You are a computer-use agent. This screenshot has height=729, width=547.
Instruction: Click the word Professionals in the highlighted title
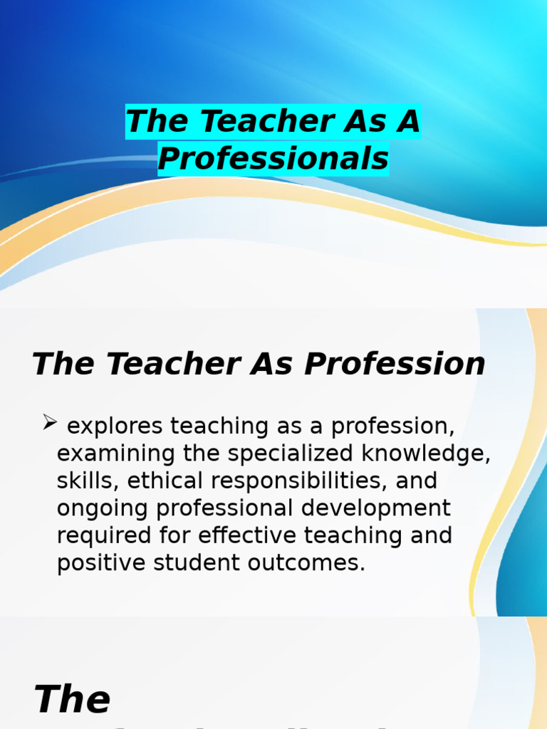point(273,159)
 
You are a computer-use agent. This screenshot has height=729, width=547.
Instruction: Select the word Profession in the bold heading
point(395,364)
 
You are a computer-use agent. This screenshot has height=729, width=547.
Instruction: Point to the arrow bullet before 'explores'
point(49,424)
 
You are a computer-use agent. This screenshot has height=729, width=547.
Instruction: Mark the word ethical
point(166,481)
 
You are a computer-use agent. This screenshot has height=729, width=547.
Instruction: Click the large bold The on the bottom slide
point(72,699)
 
